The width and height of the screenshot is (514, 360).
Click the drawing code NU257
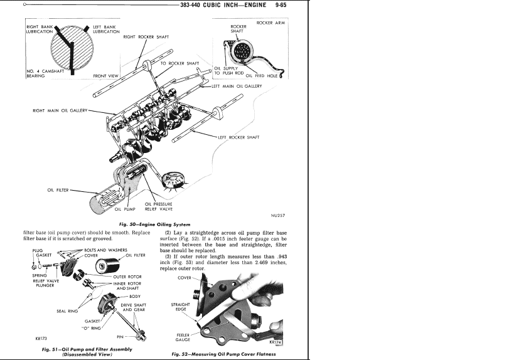278,215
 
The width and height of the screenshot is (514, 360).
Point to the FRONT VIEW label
105,76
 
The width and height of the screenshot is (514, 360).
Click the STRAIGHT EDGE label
181,307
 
